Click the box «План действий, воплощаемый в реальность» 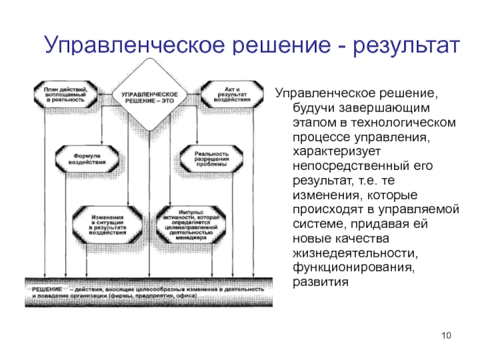63,92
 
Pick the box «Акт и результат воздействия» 230,92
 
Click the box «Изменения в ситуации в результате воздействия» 107,223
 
